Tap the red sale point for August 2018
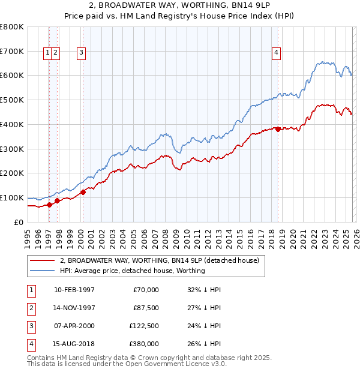[278, 129]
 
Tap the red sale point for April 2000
[83, 192]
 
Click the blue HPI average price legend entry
[132, 271]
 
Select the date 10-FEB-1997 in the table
[74, 290]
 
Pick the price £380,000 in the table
[144, 344]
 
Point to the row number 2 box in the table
[31, 308]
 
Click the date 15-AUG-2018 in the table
[74, 344]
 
